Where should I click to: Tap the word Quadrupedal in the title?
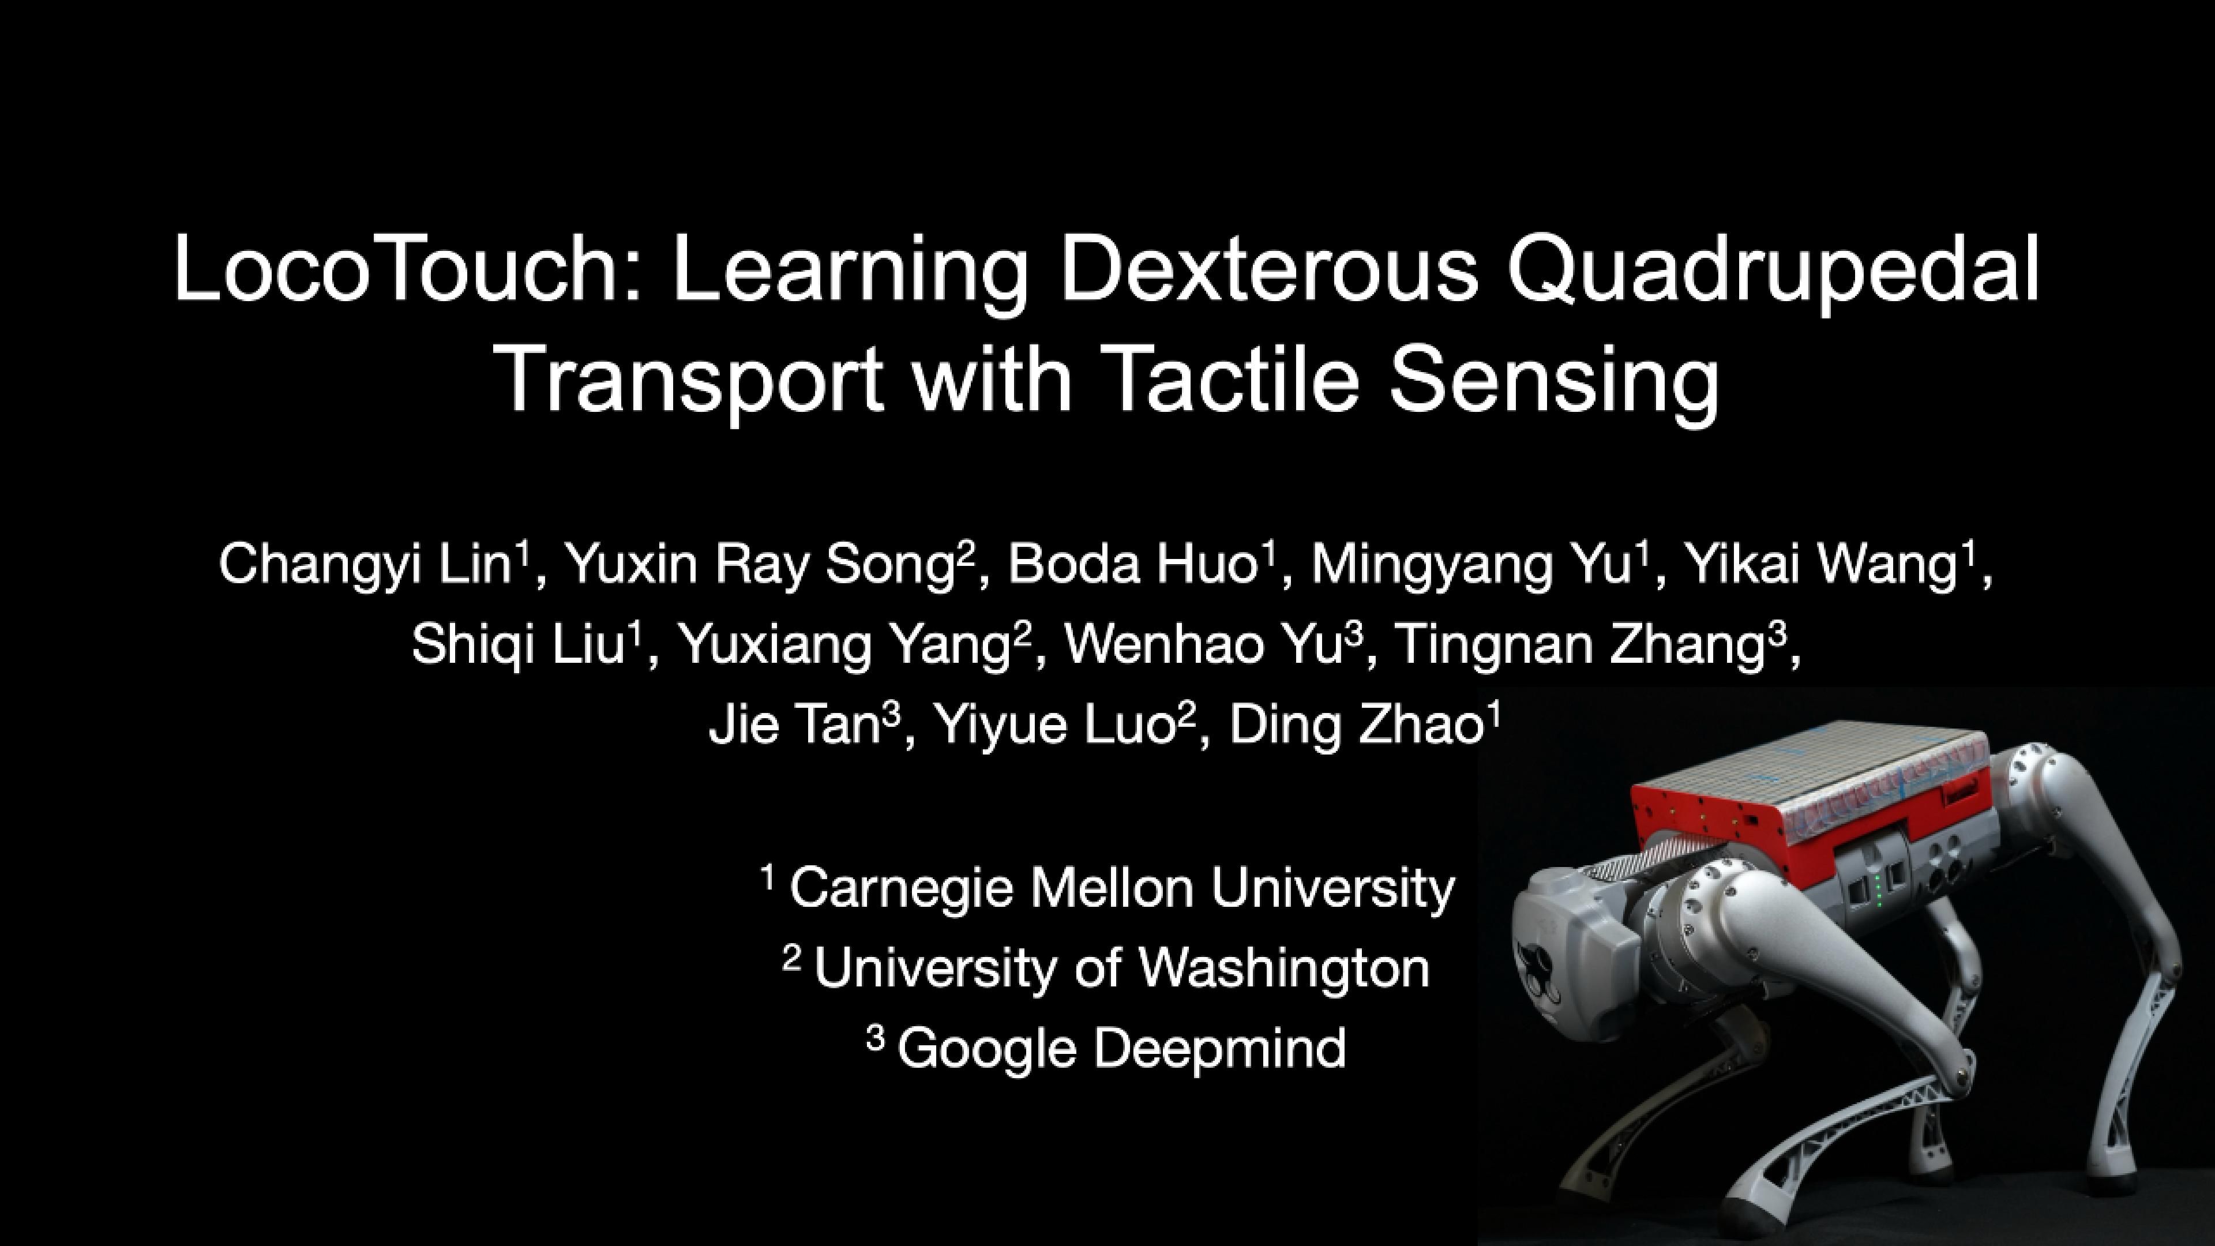click(x=1774, y=269)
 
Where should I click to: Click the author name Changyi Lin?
click(x=366, y=565)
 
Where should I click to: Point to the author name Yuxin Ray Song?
click(x=760, y=565)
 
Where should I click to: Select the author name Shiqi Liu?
click(x=517, y=645)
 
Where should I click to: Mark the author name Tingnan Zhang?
click(x=1578, y=645)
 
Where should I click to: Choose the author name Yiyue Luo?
click(x=1054, y=725)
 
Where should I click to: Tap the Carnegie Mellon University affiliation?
click(x=1121, y=887)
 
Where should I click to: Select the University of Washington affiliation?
click(x=1121, y=967)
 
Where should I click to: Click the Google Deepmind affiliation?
click(x=1121, y=1048)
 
